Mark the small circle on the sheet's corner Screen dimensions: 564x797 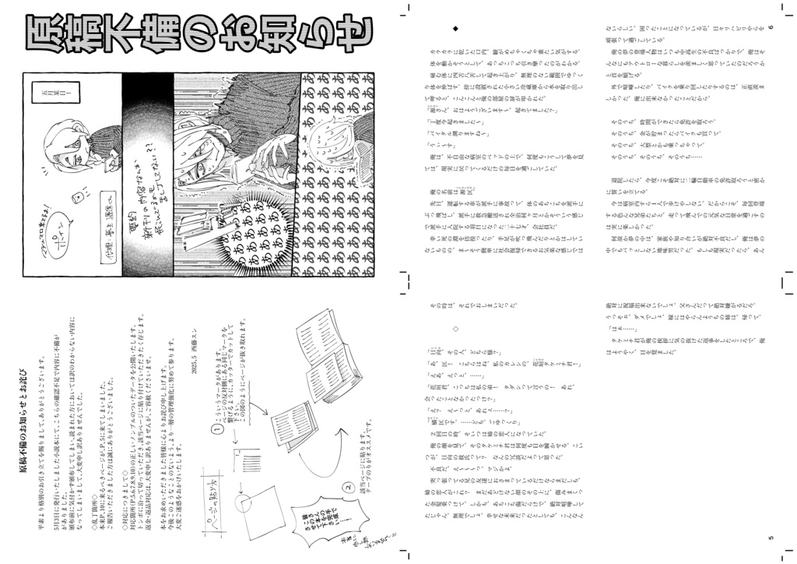247,502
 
